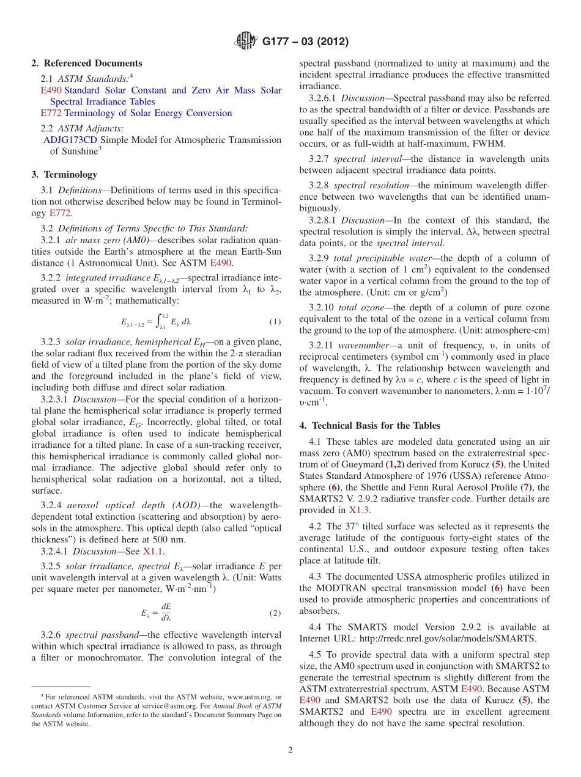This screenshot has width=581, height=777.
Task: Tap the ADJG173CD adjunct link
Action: (70, 140)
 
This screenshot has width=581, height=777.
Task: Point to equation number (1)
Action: (275, 321)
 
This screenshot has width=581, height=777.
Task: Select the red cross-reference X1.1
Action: (154, 550)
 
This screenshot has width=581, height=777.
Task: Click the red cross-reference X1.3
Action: (359, 510)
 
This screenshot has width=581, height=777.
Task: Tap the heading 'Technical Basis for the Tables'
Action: (376, 425)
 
